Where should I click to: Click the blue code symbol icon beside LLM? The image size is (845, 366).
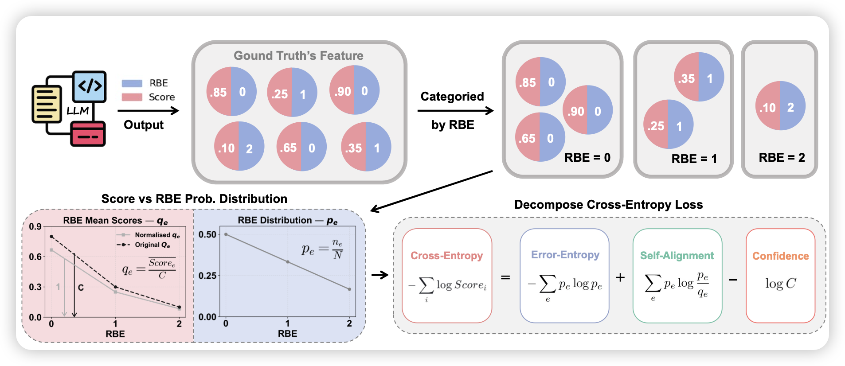point(90,86)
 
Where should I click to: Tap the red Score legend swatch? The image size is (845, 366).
point(132,97)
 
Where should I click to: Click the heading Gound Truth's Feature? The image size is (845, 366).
point(298,56)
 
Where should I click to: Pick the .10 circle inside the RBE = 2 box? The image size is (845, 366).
point(780,106)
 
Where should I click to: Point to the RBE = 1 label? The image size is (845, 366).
point(694,159)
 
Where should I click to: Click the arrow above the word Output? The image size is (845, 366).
point(148,111)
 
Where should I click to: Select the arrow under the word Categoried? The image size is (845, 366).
point(455,111)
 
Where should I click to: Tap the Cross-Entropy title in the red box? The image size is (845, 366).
point(446,256)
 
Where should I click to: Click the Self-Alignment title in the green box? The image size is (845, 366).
point(677,256)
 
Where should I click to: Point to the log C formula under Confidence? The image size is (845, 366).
point(780,284)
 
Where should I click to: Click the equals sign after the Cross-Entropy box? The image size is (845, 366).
point(505,278)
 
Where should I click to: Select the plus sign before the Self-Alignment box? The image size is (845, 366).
point(620,278)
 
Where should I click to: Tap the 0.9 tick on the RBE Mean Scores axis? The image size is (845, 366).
point(35,227)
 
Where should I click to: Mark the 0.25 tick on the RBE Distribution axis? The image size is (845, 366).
point(207,276)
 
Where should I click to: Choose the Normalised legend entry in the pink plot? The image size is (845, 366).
point(149,235)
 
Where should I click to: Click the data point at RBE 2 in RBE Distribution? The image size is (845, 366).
point(349,289)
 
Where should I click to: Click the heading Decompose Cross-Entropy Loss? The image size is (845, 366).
point(608,205)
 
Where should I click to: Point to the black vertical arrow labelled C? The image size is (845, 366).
point(74,286)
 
